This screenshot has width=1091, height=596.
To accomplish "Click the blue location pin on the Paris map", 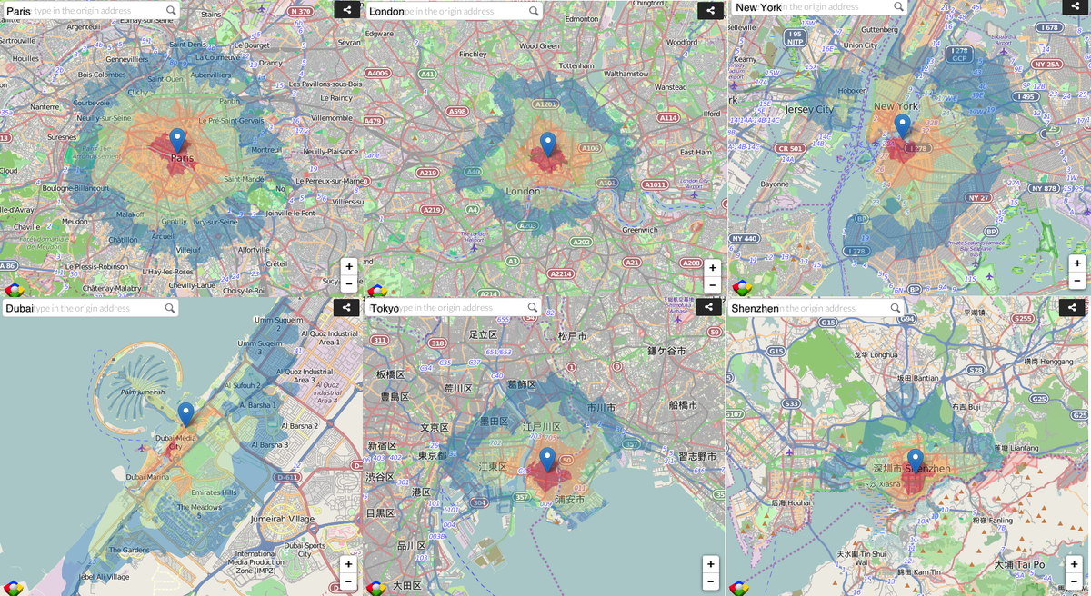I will tap(177, 140).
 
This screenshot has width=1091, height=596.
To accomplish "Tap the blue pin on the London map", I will tap(547, 144).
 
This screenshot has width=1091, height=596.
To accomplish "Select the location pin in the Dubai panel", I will tap(185, 413).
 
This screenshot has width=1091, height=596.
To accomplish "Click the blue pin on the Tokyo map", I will tap(546, 459).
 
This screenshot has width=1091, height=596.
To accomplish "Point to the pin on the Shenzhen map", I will tap(915, 460).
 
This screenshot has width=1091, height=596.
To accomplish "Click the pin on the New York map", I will tap(902, 125).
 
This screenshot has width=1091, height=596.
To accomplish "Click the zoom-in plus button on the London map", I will tap(712, 267).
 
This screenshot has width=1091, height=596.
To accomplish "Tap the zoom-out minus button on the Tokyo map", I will tap(711, 581).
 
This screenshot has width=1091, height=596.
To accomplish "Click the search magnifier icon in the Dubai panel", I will tap(170, 308).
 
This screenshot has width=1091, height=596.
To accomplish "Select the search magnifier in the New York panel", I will tap(898, 6).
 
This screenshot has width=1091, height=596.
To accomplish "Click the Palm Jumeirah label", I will tap(140, 392).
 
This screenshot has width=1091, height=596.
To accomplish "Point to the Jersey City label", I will tap(808, 109).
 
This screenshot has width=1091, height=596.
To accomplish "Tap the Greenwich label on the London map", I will tap(640, 230).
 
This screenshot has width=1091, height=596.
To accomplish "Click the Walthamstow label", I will tap(626, 74).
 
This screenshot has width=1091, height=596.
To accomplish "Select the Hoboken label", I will tap(852, 91).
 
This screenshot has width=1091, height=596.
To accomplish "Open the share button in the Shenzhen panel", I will tap(1072, 308).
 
